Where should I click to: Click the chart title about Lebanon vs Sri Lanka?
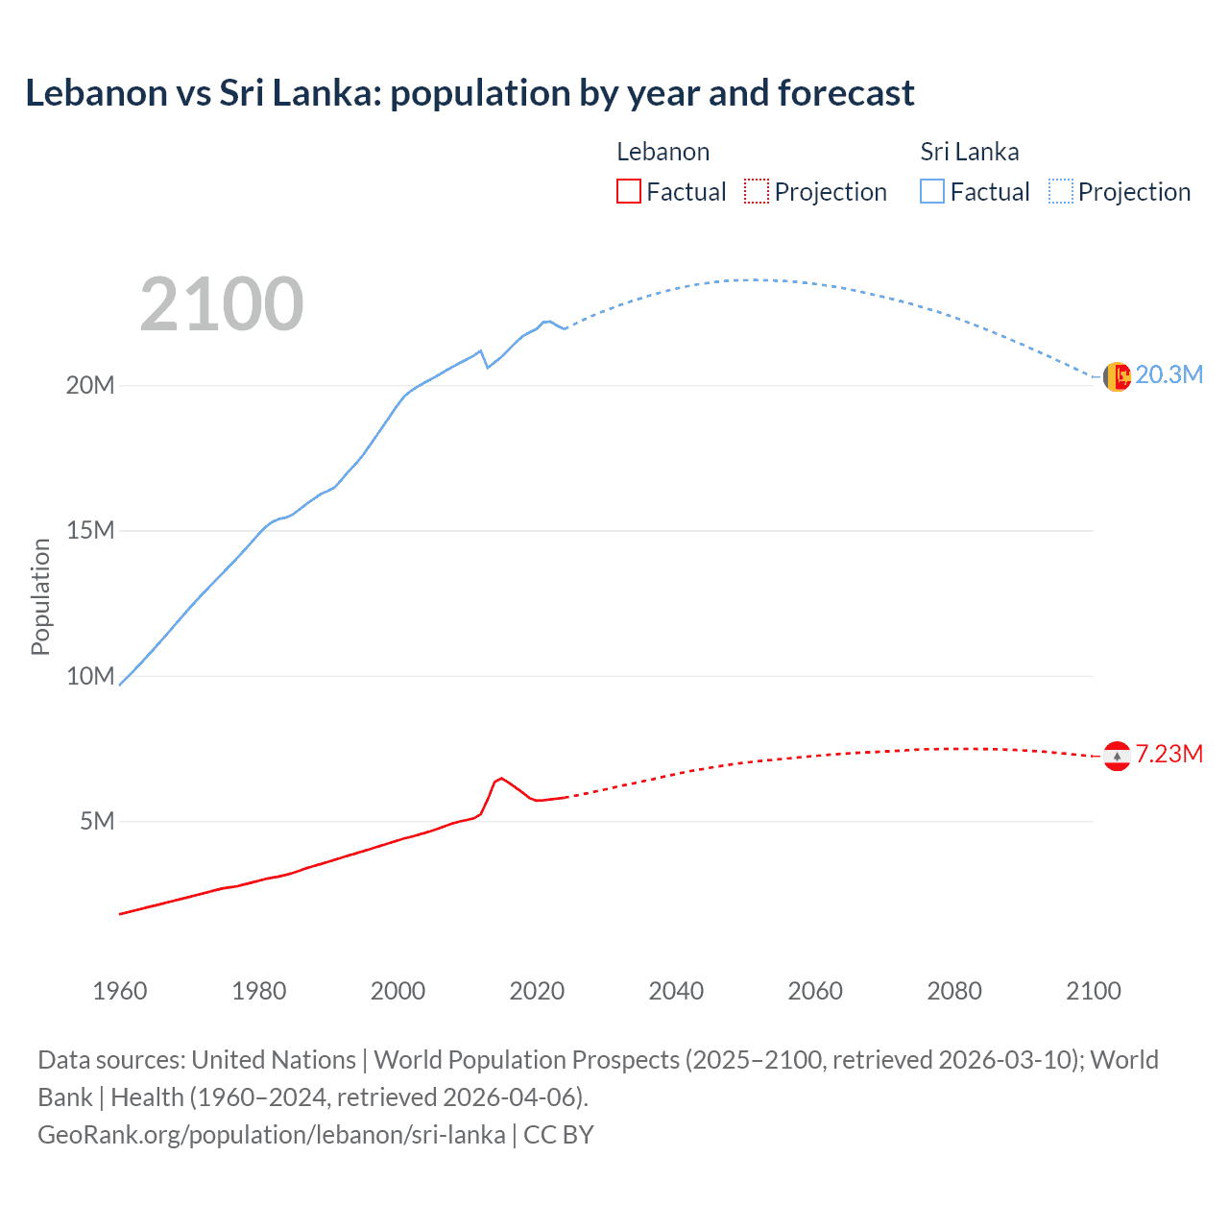(470, 93)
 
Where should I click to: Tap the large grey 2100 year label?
(222, 304)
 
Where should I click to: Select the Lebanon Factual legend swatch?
(628, 191)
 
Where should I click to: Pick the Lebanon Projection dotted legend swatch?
(757, 191)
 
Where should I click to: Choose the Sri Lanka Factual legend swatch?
(932, 191)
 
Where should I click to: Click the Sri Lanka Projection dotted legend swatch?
(1061, 191)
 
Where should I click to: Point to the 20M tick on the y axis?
(90, 385)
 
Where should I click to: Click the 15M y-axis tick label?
(90, 530)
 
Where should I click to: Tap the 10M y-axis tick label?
(90, 676)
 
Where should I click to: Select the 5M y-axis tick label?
(97, 821)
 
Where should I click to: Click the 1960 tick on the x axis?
(120, 991)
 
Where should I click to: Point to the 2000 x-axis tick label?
(398, 991)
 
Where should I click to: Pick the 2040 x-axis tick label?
(676, 991)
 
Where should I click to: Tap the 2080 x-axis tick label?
(954, 991)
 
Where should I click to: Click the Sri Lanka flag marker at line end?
(1117, 377)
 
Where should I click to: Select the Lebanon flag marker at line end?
(1117, 757)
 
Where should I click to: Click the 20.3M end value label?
(1169, 374)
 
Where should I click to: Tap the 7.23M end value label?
(1169, 754)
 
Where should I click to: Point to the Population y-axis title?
(40, 596)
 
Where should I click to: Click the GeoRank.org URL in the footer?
(272, 1134)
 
